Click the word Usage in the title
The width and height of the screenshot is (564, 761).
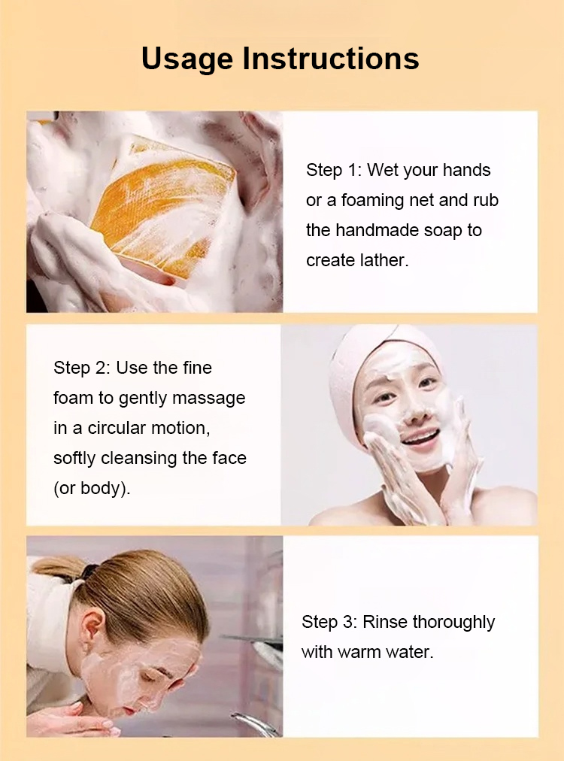tap(186, 59)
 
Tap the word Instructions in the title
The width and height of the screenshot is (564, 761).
tap(331, 58)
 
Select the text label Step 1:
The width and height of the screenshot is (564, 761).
tap(334, 170)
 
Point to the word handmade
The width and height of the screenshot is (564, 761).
tap(378, 230)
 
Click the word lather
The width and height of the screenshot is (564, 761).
tap(384, 260)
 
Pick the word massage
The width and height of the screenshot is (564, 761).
tap(209, 399)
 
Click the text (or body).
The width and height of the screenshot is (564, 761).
tap(92, 488)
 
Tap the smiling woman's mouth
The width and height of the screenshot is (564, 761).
tap(420, 438)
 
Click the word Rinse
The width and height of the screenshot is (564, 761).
tap(385, 622)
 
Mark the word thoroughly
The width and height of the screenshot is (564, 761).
tap(453, 622)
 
